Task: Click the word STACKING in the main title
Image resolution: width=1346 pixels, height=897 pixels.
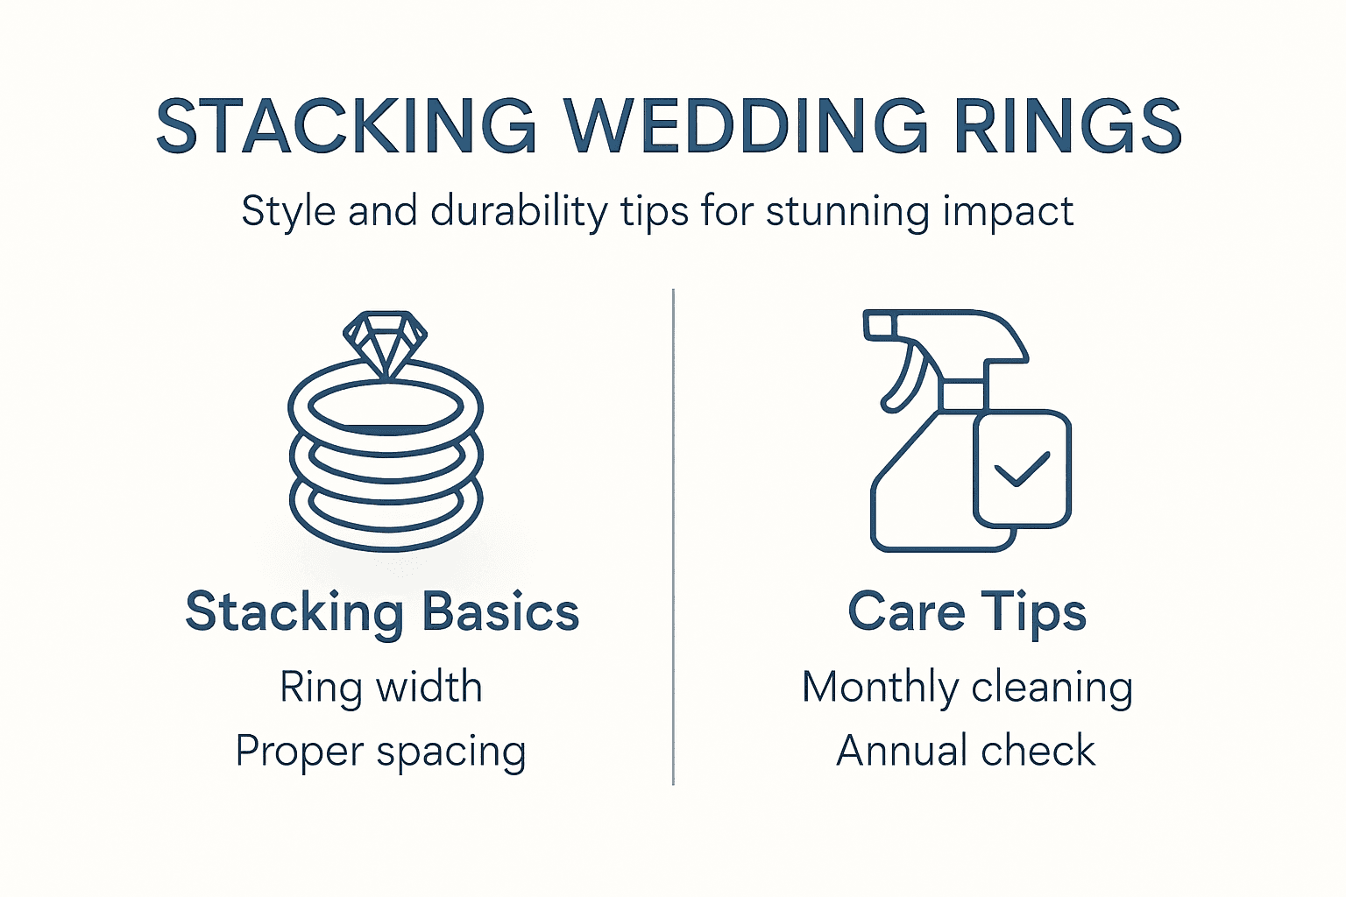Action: point(346,125)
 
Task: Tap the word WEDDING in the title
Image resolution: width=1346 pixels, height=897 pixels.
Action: point(746,125)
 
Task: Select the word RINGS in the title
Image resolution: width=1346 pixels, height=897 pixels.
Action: point(1067,125)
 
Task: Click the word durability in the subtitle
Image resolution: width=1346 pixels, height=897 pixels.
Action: point(519,212)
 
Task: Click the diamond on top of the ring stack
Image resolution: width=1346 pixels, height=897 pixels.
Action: point(385,343)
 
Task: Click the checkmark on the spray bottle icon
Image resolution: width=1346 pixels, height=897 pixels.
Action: point(1022,470)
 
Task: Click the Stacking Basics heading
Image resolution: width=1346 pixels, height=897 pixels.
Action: point(382,611)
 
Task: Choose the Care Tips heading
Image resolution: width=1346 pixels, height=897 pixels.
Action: point(967,611)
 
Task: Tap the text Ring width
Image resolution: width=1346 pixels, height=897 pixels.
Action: point(381,687)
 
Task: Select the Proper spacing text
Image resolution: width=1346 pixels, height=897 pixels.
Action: point(381,752)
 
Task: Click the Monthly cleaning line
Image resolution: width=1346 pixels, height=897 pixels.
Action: point(967,687)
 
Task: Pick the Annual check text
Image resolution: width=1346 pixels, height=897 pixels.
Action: point(966,751)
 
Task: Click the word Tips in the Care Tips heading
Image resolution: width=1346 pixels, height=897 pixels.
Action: point(1033,612)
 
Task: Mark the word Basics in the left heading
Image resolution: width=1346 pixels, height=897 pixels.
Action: point(500,611)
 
